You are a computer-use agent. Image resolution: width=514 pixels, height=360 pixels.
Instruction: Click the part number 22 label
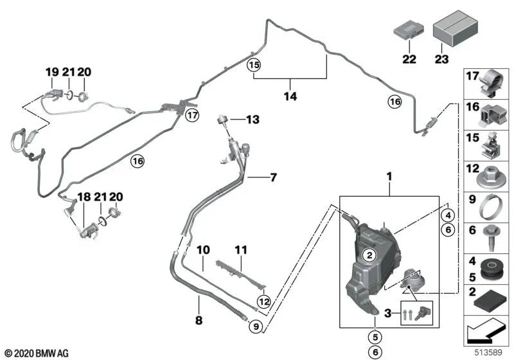[409, 60]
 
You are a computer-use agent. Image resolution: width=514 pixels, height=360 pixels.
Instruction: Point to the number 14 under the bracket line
[291, 97]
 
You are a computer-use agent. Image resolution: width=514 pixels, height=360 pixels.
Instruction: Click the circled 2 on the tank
[369, 255]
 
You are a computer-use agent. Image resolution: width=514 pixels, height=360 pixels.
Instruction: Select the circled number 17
[191, 116]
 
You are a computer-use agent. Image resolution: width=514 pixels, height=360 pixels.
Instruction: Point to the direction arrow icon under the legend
[486, 335]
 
